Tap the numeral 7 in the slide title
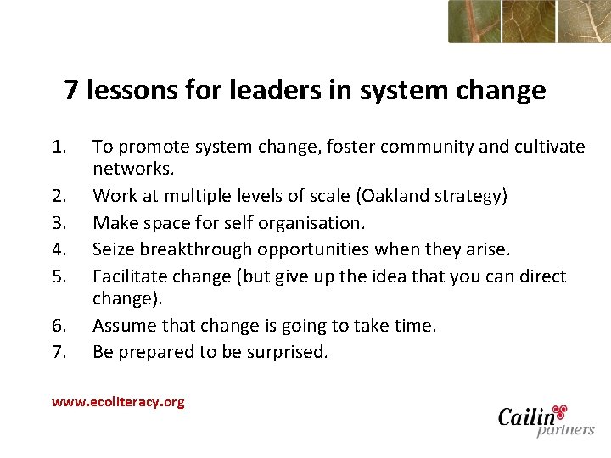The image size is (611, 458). [71, 90]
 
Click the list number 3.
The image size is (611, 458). [59, 223]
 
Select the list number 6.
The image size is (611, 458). [59, 326]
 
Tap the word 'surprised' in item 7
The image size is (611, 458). [284, 352]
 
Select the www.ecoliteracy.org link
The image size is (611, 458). [118, 402]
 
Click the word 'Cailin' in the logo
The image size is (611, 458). [526, 416]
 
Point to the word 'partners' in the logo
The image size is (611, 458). [564, 431]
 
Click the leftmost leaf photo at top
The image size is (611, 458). [474, 21]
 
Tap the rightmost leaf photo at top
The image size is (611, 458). [584, 21]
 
